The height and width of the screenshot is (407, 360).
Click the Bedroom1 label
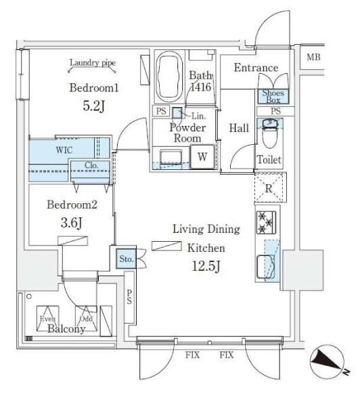pyautogui.click(x=94, y=87)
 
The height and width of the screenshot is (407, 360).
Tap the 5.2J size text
pyautogui.click(x=94, y=106)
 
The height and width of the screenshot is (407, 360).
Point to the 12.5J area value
pyautogui.click(x=205, y=265)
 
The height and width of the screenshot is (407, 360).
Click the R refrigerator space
pyautogui.click(x=269, y=188)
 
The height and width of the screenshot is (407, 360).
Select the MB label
pyautogui.click(x=313, y=57)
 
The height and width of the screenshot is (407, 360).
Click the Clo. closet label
pyautogui.click(x=93, y=165)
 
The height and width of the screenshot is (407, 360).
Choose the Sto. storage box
pyautogui.click(x=126, y=258)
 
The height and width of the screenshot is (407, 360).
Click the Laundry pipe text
pyautogui.click(x=93, y=63)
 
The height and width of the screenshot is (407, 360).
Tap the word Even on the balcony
pyautogui.click(x=47, y=318)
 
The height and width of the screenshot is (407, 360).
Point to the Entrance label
pyautogui.click(x=255, y=68)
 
